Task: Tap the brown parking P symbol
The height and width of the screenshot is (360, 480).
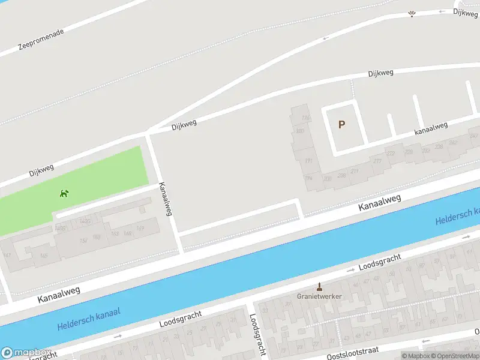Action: [x=342, y=125]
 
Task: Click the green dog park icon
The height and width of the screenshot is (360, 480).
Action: [x=64, y=193]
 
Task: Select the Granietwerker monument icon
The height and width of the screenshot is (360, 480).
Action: [x=319, y=287]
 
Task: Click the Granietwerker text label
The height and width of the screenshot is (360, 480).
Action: [x=319, y=296]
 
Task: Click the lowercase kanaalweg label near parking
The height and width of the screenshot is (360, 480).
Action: [x=431, y=128]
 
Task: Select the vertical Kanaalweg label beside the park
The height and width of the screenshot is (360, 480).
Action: [x=165, y=199]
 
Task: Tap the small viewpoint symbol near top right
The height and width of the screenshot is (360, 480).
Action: [x=412, y=14]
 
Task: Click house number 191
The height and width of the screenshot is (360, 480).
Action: [x=309, y=161]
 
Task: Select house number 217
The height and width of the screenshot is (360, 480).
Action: [x=377, y=161]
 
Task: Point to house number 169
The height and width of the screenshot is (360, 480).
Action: [x=140, y=228]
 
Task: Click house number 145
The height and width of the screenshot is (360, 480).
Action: [x=44, y=256]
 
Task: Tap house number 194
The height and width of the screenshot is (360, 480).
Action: [x=308, y=178]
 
